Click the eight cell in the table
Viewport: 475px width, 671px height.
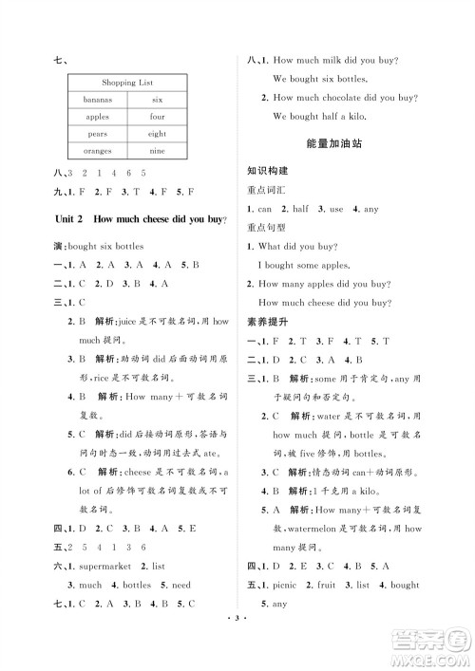point(156,134)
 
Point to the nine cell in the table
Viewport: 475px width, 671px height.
point(156,151)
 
